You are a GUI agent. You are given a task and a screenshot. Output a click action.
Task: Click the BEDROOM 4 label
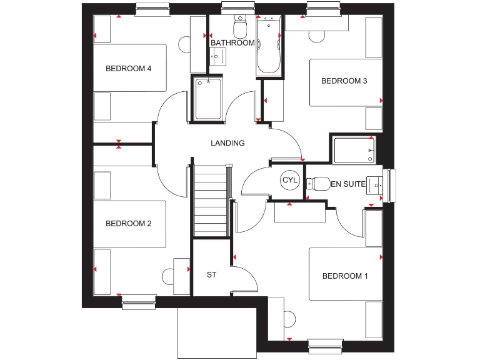coord(128,69)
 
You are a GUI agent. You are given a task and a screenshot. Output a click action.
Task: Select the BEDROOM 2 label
coord(128,224)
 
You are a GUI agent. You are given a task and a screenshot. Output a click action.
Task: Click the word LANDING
coord(227,143)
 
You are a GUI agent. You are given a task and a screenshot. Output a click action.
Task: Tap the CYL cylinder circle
coord(290,181)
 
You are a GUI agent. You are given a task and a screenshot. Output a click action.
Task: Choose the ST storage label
coord(211,274)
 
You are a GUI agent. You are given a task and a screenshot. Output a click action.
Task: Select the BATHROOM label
coord(232,43)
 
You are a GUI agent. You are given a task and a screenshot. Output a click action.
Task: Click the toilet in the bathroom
coord(239,28)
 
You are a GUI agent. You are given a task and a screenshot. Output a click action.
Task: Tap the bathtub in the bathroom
coord(269,47)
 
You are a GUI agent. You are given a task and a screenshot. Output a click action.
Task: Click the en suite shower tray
coord(354,151)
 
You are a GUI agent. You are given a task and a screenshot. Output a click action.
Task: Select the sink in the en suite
coord(375,185)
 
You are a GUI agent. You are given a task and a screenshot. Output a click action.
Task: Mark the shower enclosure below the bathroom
coord(207,99)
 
